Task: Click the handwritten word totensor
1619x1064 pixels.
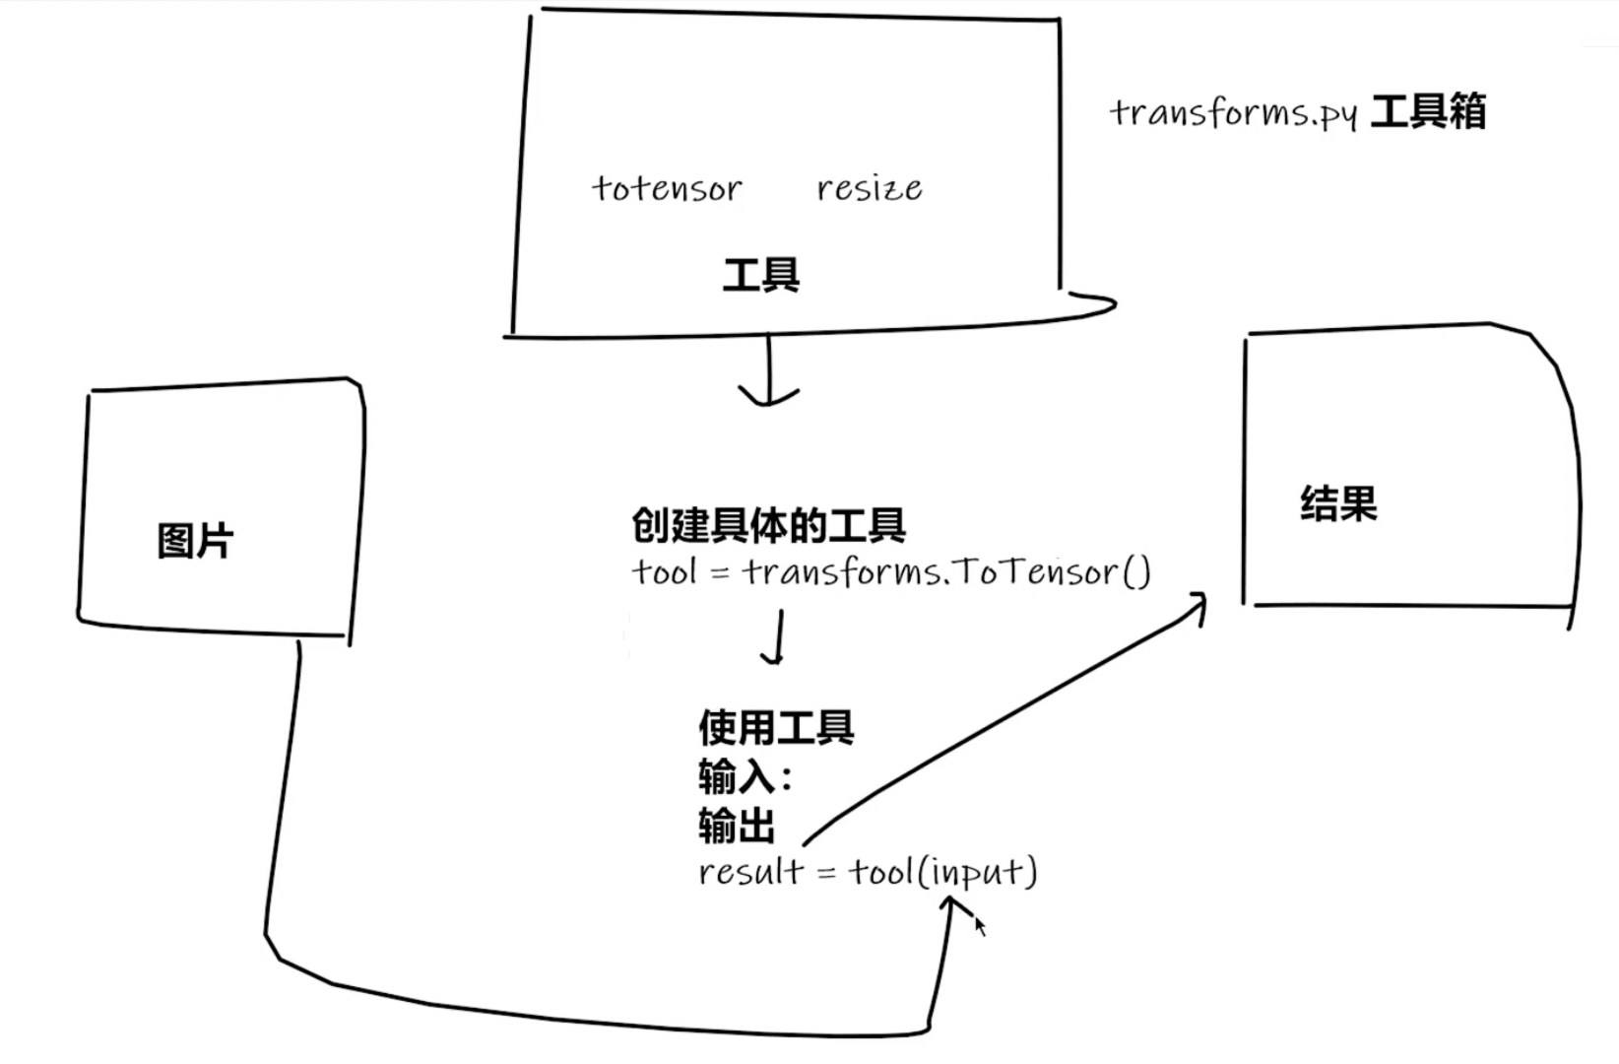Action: pos(667,188)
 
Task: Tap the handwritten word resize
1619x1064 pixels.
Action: pos(870,187)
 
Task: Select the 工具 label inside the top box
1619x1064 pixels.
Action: pos(760,275)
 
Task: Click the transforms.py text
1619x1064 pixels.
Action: pos(1233,113)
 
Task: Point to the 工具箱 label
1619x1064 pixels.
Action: pos(1428,111)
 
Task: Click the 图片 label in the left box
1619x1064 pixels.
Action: pos(195,541)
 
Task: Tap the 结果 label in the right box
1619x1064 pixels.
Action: pos(1338,503)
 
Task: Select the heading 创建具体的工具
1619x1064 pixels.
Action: pos(768,526)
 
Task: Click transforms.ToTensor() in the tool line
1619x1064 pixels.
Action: pos(946,571)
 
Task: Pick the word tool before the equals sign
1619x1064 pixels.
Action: pos(664,571)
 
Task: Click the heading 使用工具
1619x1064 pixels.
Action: pos(776,728)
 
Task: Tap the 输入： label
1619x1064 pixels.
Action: pos(745,777)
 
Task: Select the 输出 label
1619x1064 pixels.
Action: pos(737,826)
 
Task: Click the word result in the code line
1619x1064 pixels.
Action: pos(750,871)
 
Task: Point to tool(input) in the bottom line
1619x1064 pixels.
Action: pos(942,871)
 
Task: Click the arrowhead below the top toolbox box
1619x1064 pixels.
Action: pos(768,397)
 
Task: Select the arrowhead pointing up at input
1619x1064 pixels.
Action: pos(952,905)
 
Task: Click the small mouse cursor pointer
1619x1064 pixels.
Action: pos(980,927)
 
